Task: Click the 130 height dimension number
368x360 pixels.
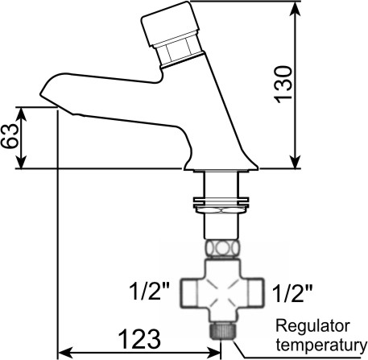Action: coord(283,84)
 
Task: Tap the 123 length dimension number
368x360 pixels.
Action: coord(139,338)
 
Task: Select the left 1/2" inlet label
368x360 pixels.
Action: coord(150,292)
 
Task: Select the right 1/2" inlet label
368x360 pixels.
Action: coord(292,293)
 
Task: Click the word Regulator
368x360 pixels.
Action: coord(313,327)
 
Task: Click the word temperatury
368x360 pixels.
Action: coord(321,345)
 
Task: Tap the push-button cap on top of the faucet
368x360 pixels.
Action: coord(170,24)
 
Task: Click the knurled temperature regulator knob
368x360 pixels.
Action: coord(222,331)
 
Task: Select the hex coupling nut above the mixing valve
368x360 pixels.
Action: coord(222,248)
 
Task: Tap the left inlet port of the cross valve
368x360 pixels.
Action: coord(189,292)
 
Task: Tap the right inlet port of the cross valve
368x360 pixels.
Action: coord(255,292)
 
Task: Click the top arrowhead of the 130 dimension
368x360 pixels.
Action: coord(296,9)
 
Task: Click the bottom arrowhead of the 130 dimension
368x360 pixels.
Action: coord(296,162)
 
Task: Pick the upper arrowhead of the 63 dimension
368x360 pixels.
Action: coord(21,114)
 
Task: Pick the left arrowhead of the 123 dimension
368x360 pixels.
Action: coord(65,351)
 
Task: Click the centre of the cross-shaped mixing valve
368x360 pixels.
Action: coord(222,292)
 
